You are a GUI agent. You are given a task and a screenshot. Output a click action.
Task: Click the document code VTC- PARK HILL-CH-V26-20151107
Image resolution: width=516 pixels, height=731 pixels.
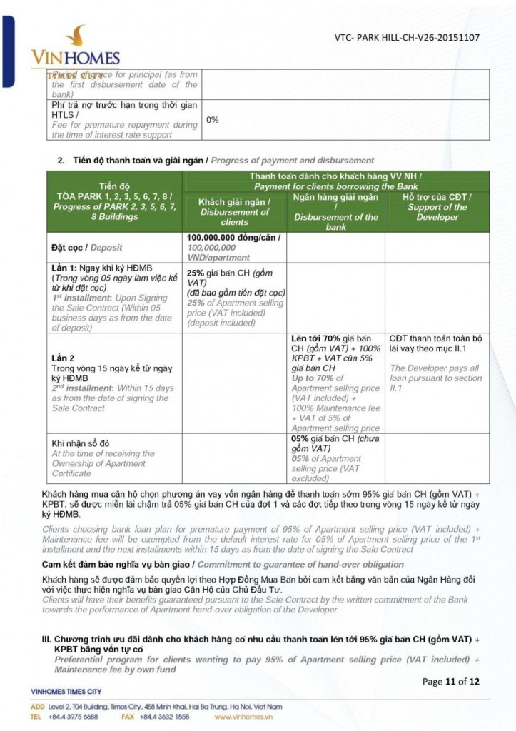407,38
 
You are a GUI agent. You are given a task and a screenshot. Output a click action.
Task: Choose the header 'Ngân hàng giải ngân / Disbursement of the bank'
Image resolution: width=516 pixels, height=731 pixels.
335,211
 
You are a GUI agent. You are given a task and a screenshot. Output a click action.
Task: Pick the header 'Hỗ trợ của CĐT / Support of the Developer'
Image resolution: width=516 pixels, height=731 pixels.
437,207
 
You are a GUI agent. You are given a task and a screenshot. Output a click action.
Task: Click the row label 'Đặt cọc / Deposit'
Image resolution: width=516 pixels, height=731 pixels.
86,248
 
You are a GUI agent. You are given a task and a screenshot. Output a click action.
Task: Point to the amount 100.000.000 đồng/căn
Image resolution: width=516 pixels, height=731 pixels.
233,238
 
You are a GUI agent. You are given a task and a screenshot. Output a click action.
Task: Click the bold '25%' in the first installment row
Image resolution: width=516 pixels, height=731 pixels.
196,273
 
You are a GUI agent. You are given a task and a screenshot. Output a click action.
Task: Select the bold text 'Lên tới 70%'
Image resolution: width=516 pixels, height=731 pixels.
314,338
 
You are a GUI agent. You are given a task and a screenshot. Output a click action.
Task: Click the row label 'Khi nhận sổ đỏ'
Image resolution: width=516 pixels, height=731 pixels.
80,443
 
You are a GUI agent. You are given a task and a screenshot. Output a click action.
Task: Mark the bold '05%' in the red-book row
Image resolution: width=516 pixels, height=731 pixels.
300,439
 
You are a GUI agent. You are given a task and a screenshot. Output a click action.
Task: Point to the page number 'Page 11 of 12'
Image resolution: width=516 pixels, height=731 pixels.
450,681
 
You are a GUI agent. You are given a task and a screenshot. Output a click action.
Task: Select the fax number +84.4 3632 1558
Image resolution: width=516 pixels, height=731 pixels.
165,716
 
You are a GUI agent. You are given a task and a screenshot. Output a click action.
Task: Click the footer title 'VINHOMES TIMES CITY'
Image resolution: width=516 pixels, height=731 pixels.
67,692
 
